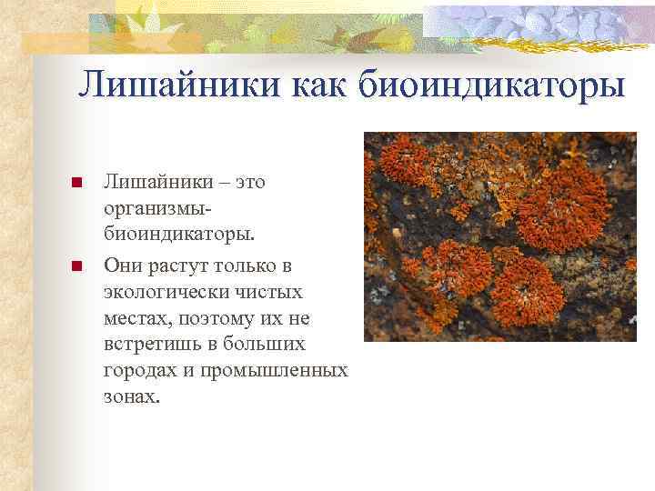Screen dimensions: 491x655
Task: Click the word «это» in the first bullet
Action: (250, 182)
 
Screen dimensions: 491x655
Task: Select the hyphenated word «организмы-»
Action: (154, 209)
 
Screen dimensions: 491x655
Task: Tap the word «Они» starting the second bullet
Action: (124, 265)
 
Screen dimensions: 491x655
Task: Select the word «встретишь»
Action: (149, 346)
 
